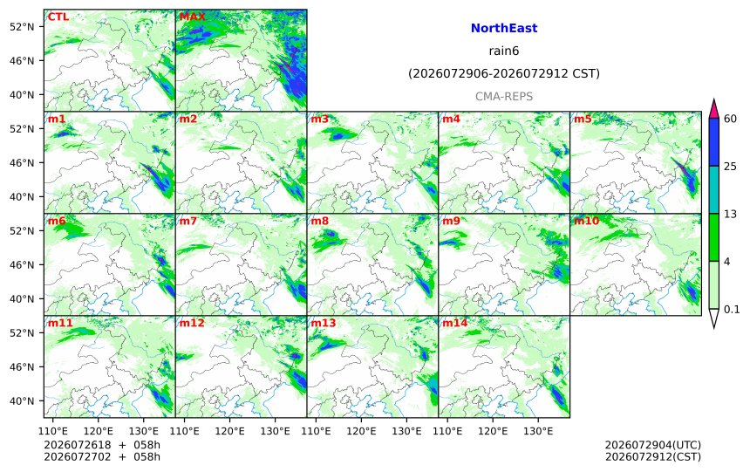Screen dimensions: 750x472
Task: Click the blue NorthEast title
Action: click(x=504, y=28)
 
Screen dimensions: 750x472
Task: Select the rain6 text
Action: click(x=504, y=51)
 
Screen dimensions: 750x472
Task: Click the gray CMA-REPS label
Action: click(x=504, y=96)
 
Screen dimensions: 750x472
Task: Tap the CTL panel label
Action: click(x=58, y=17)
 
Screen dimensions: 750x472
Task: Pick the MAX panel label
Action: click(x=192, y=17)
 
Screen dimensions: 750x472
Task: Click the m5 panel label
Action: click(x=583, y=119)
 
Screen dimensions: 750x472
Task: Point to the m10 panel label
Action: click(x=586, y=221)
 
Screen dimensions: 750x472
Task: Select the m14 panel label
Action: click(x=454, y=323)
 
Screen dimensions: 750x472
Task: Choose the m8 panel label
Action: click(x=319, y=221)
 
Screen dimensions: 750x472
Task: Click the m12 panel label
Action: click(x=191, y=323)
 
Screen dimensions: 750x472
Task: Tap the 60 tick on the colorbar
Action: click(x=730, y=119)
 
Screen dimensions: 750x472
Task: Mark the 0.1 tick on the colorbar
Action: click(x=732, y=309)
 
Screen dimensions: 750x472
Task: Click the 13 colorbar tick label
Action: click(x=730, y=214)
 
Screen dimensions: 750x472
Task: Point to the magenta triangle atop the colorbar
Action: click(x=713, y=110)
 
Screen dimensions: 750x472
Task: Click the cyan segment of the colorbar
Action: click(x=713, y=189)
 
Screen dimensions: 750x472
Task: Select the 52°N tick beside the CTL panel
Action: click(x=22, y=27)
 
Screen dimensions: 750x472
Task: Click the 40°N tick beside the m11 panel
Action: click(x=22, y=400)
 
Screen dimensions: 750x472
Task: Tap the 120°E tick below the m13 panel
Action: click(x=361, y=431)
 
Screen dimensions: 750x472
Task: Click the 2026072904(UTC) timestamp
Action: click(x=653, y=446)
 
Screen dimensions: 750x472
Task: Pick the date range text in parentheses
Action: click(x=504, y=73)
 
